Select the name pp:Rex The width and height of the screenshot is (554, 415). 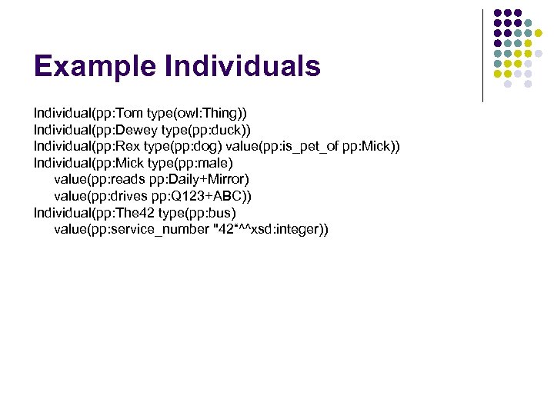[115, 146]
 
